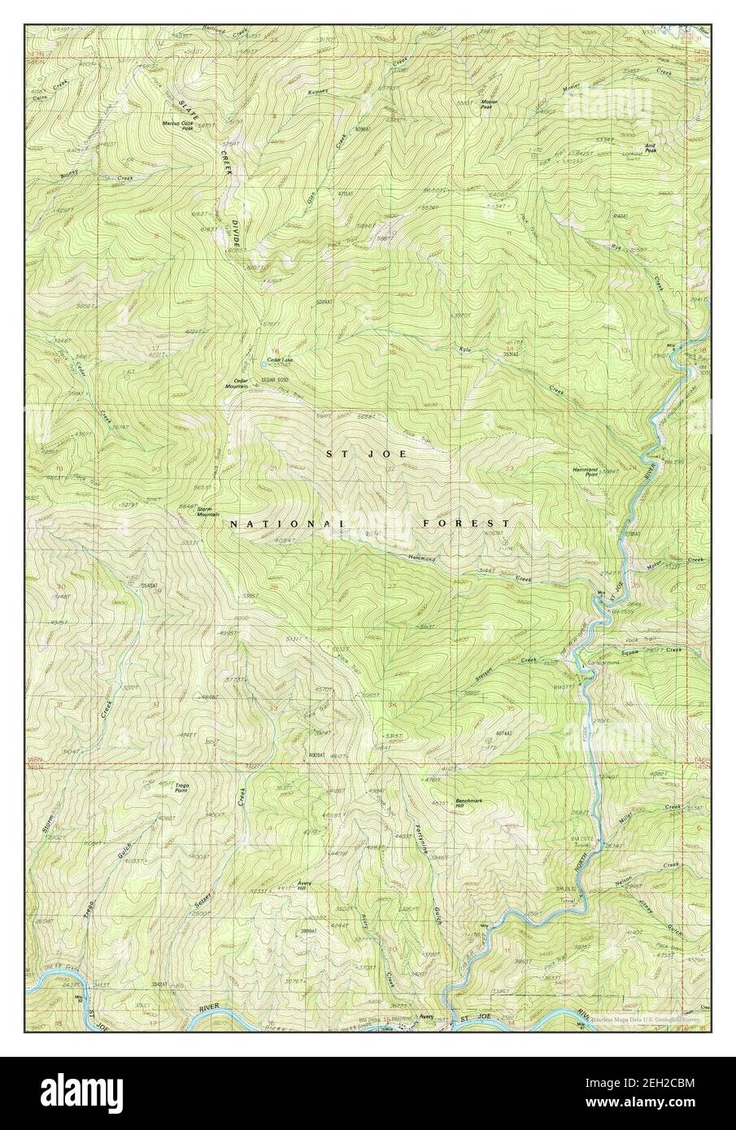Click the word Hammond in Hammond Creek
tap(422, 560)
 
